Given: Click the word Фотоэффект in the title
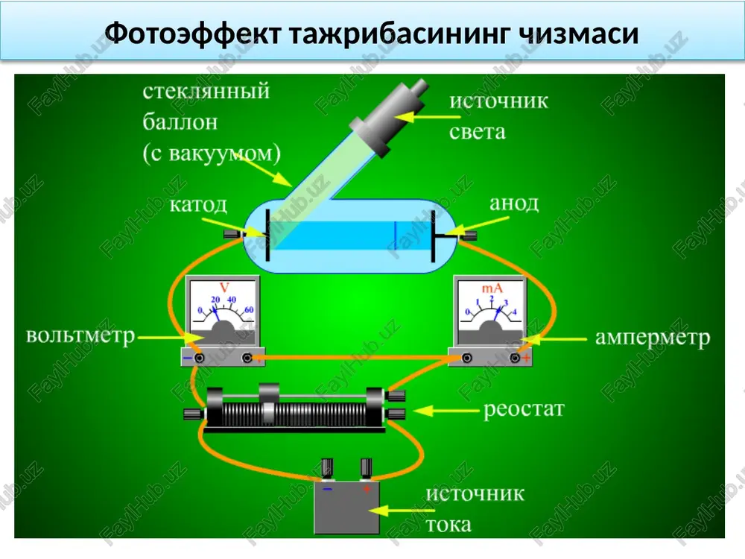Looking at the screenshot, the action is point(193,34).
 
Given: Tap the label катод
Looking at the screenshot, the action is point(199,205).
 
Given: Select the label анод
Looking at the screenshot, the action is point(514,203).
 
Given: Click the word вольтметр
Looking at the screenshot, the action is point(80,335).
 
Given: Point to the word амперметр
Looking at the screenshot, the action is point(653,338).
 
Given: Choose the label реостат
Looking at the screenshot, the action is point(524,408).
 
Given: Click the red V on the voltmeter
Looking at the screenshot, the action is point(224,287).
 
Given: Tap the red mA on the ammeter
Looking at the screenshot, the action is point(492,288).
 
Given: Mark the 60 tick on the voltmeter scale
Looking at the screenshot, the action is point(249,309).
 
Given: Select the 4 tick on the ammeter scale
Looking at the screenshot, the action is point(514,312).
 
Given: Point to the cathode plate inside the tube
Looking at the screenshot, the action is point(268,235).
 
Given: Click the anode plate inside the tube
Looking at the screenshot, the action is point(433,236).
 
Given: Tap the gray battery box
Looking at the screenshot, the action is point(347,507).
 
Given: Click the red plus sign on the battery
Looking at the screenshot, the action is point(367,489).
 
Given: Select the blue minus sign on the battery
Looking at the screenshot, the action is point(327,489).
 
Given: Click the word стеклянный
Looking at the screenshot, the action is point(206,91).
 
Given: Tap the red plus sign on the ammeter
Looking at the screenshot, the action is point(527,358).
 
